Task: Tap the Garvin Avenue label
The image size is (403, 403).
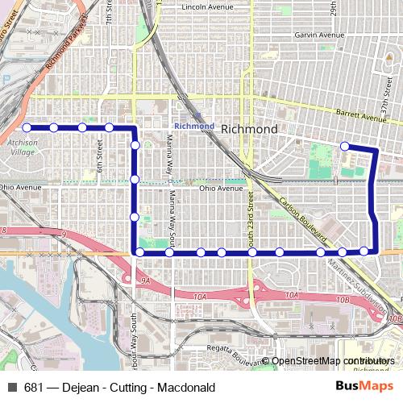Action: (x=297, y=35)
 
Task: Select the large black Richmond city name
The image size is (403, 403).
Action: (x=249, y=129)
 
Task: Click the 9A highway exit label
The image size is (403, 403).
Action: (x=145, y=280)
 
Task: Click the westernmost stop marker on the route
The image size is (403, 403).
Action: (x=27, y=127)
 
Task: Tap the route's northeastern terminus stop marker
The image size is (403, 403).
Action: (x=344, y=146)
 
